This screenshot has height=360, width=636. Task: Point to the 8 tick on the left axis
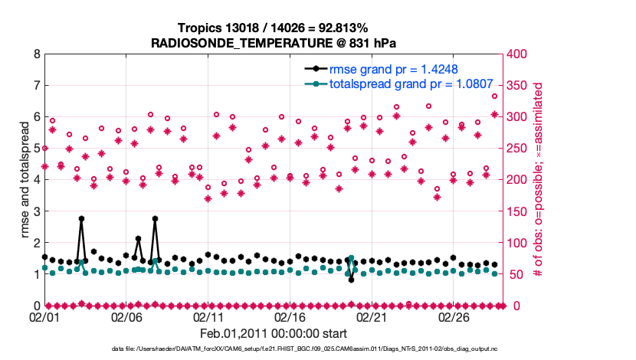click(x=36, y=54)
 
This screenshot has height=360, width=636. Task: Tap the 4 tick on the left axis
click(x=36, y=180)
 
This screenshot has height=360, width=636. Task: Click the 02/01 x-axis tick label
click(x=44, y=316)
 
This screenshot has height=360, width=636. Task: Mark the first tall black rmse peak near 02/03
click(x=81, y=218)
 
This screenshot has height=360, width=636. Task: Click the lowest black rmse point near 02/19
click(x=351, y=280)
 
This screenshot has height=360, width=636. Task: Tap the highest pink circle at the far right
click(x=494, y=97)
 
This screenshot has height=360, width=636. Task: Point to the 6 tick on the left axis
click(x=36, y=117)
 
